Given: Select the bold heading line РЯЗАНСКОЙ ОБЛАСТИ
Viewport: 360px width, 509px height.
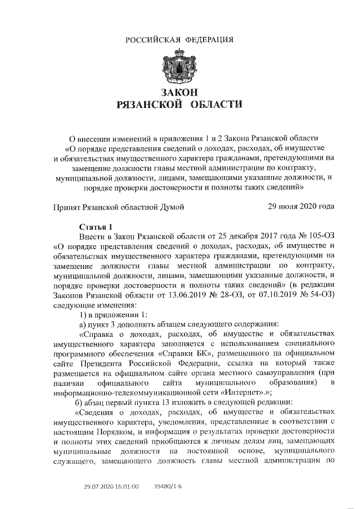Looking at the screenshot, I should [178, 104].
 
